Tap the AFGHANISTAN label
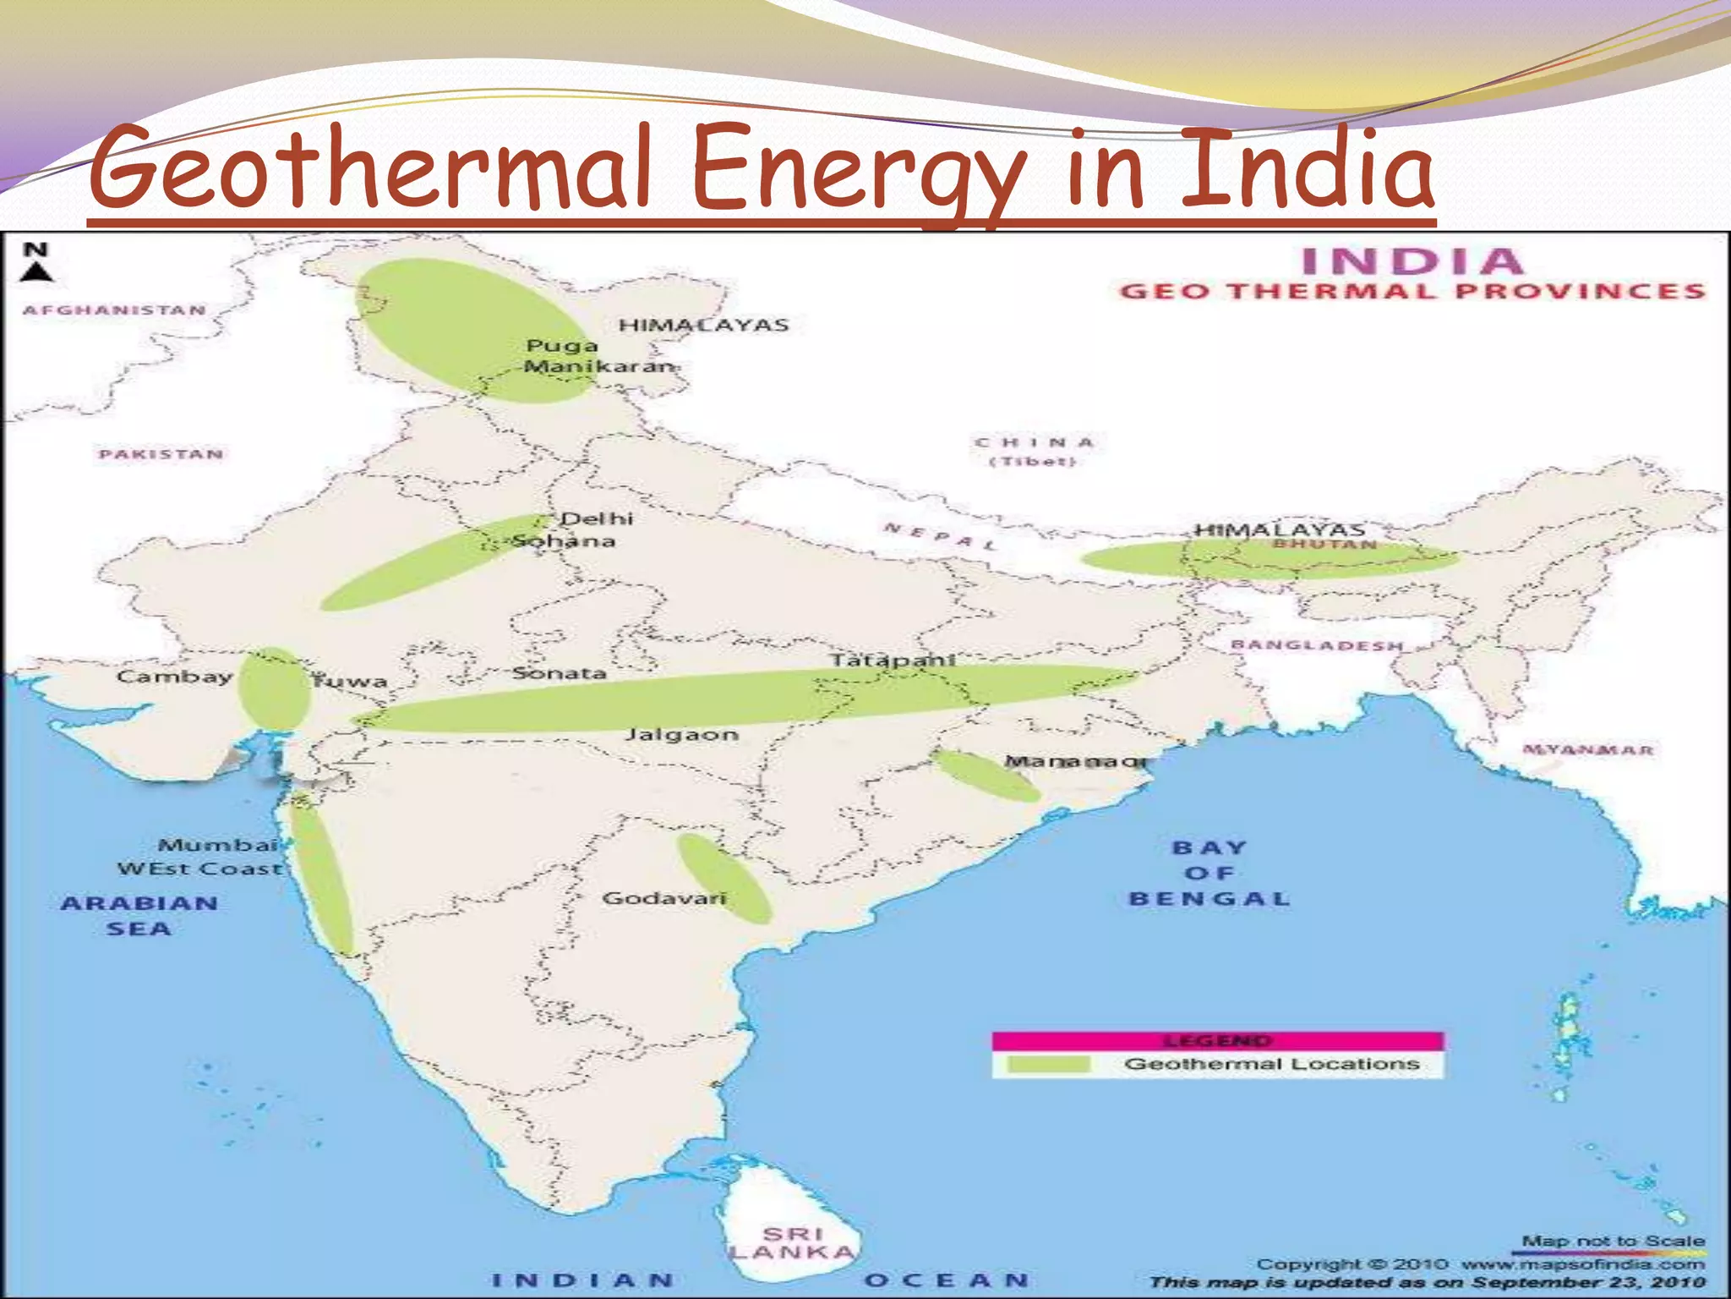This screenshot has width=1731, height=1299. pos(115,310)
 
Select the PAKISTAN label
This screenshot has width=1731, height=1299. pos(161,455)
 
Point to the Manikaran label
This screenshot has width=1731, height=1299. pos(599,367)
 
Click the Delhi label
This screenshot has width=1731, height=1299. pos(597,518)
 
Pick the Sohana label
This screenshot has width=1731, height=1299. pos(565,541)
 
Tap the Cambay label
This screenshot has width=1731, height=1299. pos(174,677)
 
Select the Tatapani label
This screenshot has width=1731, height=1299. pos(893,660)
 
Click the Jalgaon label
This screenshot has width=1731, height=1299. pos(682,735)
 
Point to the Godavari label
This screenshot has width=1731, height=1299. pos(664,898)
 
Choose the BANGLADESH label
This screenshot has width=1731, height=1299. pos(1317,646)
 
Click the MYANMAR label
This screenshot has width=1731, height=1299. pos(1588,750)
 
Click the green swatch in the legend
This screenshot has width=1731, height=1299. pos(1049,1064)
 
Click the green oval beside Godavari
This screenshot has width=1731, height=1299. pos(724,878)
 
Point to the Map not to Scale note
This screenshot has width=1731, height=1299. pos(1613,1241)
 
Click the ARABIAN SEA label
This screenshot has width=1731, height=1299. pos(139,916)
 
